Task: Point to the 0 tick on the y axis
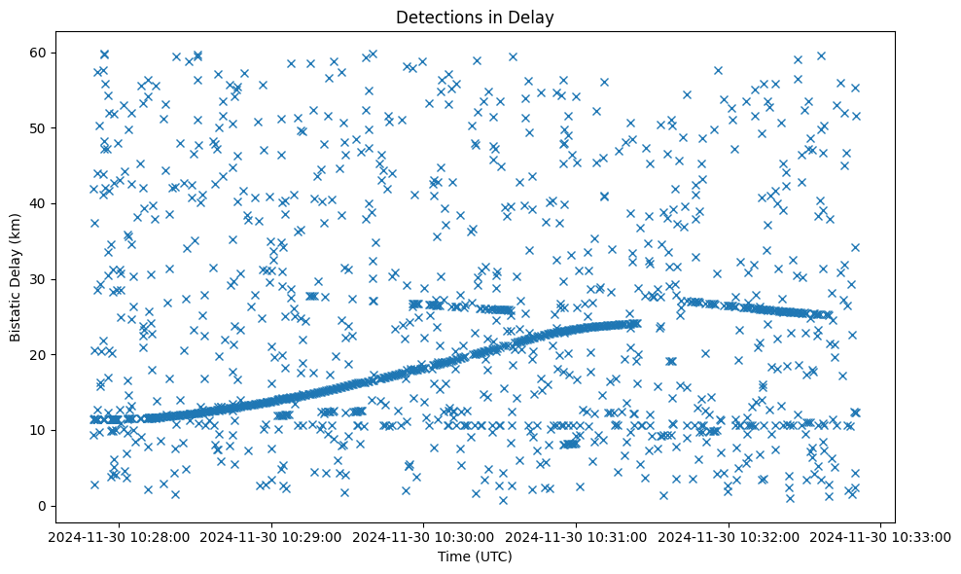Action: [x=68, y=506]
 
